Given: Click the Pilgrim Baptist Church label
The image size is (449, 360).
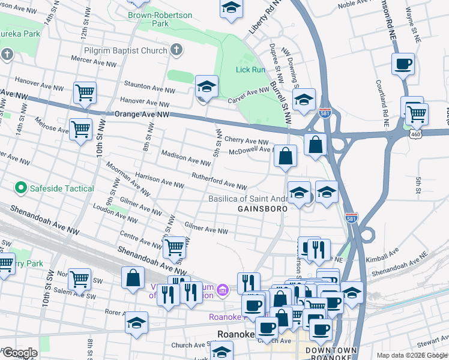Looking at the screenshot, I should tap(125, 50).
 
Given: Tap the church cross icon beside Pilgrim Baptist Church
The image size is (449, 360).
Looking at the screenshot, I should tap(176, 50).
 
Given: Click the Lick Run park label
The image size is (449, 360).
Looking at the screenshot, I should tap(250, 70).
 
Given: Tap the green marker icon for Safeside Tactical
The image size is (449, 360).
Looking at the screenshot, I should tap(21, 188).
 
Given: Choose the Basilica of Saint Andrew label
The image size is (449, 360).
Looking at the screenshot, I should tap(247, 199).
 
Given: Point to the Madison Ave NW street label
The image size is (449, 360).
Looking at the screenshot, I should tap(186, 158).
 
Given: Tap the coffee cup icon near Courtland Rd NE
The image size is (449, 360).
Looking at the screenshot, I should tap(403, 64).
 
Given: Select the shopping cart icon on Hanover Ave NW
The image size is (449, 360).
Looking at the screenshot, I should tap(85, 93).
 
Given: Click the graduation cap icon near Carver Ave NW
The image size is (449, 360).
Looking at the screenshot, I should tap(206, 86).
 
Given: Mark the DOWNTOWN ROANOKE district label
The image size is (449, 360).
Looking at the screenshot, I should tap(331, 354).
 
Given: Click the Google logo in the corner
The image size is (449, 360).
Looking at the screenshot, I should tap(19, 353).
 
